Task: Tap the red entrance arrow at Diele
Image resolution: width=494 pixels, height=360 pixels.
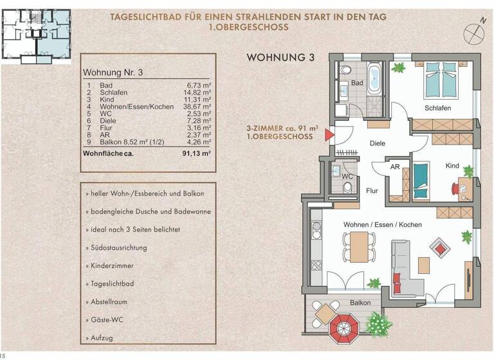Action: (x=329, y=135)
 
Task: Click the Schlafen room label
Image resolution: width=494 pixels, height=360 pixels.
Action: (x=437, y=108)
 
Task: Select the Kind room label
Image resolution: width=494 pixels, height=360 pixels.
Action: (x=452, y=166)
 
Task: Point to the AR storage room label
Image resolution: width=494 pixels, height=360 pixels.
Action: (x=396, y=166)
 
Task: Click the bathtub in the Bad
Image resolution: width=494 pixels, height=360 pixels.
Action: (x=374, y=78)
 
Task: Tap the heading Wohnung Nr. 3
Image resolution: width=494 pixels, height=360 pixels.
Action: (x=113, y=73)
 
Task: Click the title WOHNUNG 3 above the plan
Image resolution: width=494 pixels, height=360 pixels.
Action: (x=280, y=58)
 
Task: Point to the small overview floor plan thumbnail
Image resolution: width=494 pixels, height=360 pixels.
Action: (x=37, y=32)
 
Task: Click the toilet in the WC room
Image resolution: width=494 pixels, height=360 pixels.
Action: (x=347, y=187)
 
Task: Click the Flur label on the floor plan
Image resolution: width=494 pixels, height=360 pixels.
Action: (x=371, y=190)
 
